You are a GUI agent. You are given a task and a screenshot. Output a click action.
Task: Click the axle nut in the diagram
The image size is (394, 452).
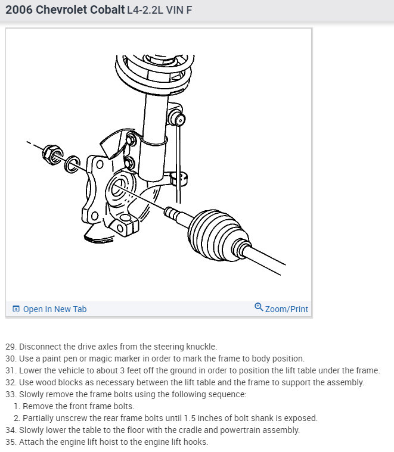tap(53, 155)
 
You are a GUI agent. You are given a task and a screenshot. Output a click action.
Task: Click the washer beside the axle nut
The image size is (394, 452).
tap(72, 164)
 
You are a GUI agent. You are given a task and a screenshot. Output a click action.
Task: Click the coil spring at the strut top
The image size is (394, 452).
tap(154, 73)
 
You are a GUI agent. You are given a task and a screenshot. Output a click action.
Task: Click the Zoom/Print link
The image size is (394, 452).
tap(287, 309)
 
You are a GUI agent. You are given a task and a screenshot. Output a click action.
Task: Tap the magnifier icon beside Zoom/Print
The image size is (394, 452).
tap(259, 307)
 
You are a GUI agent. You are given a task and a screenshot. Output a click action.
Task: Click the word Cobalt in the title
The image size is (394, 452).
tap(107, 10)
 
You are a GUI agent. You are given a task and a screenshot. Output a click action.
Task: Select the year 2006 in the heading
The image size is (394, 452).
tap(19, 10)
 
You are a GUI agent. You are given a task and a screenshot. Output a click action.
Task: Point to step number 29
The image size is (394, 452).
tap(11, 347)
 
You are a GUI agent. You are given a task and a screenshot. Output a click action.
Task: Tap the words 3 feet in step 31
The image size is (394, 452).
tap(131, 370)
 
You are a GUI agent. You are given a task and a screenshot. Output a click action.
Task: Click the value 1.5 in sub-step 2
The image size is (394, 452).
tap(190, 418)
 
